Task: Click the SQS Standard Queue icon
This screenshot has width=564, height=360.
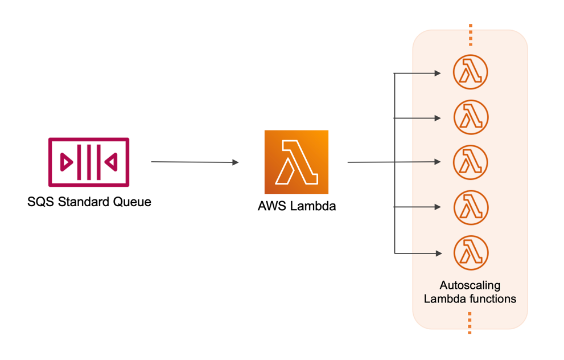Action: pos(89,162)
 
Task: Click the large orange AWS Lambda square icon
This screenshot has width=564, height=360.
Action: pos(296,162)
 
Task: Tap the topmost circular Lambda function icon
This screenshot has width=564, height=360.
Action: pos(471,72)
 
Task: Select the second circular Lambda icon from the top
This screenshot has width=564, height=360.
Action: pos(471,117)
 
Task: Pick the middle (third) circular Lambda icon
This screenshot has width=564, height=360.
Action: pos(471,162)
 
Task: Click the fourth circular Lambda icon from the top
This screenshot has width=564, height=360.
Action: pos(471,207)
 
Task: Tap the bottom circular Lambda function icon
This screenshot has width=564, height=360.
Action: pos(471,252)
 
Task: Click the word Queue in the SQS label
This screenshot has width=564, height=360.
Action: pos(131,202)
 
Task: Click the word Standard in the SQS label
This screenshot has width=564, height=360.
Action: pos(80,202)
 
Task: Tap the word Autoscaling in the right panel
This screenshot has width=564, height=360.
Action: pos(470,285)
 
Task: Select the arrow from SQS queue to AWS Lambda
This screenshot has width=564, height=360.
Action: pos(194,162)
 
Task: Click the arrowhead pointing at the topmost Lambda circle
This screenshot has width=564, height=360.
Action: pos(437,73)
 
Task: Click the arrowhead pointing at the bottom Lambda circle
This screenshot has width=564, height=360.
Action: pos(437,253)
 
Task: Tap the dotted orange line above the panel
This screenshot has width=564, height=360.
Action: pos(470,35)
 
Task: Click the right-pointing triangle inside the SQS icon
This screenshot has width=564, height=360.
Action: pos(67,162)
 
